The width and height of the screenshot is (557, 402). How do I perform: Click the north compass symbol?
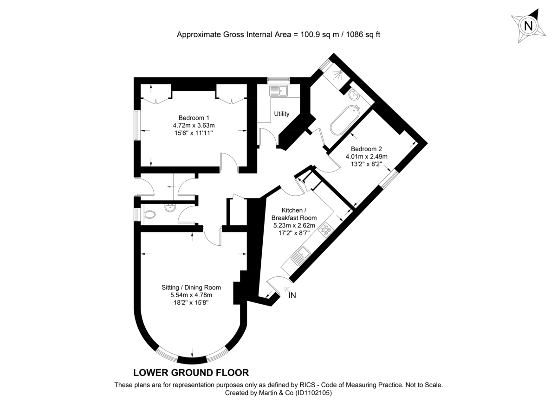click(528, 26)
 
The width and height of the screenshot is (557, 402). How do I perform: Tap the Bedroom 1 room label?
click(194, 118)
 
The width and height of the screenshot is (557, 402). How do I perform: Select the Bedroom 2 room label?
click(366, 149)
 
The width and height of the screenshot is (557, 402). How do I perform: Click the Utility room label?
click(281, 114)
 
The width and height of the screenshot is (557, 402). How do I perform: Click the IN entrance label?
click(291, 295)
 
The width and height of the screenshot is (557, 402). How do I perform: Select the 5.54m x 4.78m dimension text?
click(191, 295)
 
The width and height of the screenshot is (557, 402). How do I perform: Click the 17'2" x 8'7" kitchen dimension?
click(294, 233)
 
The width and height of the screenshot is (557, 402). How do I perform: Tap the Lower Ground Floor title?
click(191, 372)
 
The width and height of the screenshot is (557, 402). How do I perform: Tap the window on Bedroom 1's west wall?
click(136, 125)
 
